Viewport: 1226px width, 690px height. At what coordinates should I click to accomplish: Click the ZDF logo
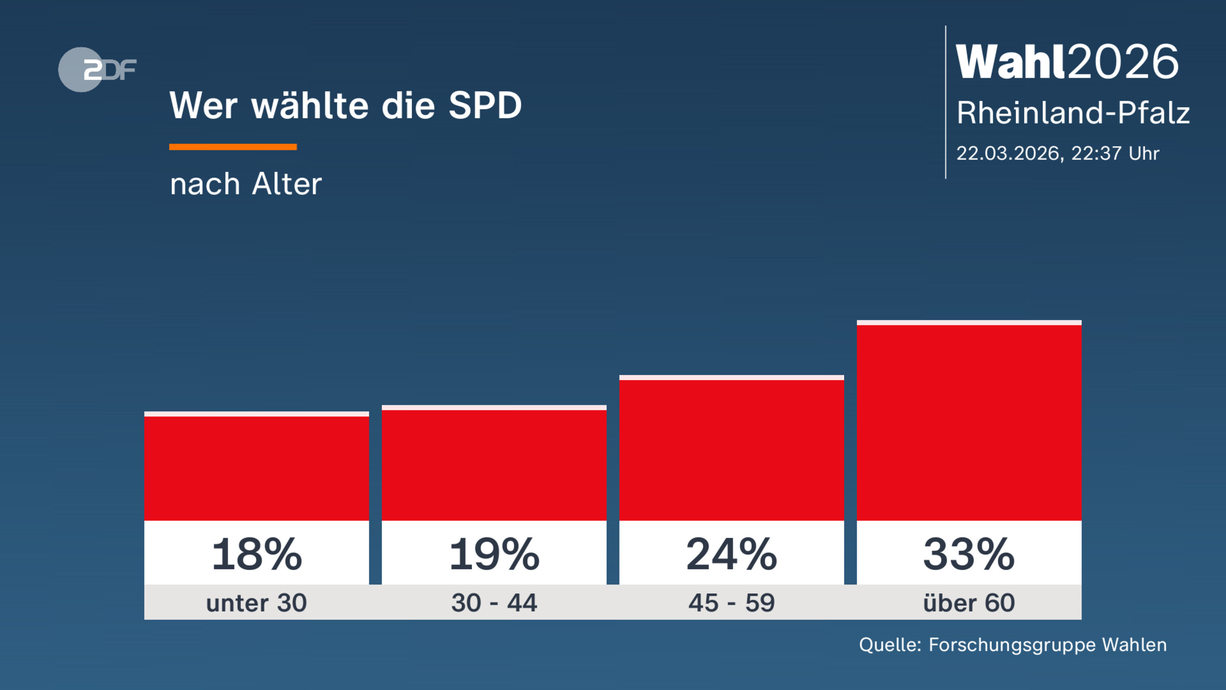97,70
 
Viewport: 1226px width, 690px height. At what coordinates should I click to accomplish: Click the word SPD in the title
485,106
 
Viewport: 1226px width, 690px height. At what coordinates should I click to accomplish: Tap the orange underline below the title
233,147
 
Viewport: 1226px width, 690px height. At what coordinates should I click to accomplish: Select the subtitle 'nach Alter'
246,184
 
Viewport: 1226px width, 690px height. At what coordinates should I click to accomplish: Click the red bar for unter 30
256,468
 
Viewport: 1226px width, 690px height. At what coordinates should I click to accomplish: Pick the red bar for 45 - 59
732,450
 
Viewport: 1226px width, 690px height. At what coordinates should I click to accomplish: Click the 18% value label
256,554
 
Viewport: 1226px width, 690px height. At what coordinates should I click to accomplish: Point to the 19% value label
494,554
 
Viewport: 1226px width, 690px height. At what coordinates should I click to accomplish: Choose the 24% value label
732,554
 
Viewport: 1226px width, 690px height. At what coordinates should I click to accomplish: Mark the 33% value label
969,554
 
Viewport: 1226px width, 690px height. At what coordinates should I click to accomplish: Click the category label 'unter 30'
256,603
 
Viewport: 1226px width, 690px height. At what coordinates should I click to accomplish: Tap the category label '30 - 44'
494,603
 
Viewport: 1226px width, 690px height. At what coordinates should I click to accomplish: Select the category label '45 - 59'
732,603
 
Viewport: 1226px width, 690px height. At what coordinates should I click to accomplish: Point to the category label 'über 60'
969,603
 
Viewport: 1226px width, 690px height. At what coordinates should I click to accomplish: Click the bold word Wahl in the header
1010,62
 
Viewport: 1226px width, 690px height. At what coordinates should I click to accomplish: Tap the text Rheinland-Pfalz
1073,112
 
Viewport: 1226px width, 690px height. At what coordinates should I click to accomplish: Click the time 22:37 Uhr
1115,153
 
